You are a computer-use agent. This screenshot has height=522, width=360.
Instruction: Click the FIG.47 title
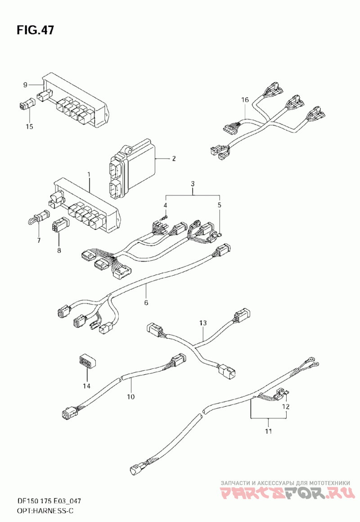[35, 30]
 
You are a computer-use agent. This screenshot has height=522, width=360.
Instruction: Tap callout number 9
[25, 85]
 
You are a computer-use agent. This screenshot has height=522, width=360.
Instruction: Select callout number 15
[29, 127]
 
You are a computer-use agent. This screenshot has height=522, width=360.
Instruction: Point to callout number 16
[245, 100]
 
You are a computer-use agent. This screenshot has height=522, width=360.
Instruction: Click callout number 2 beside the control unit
[174, 159]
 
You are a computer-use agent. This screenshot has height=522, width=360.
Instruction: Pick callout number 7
[39, 240]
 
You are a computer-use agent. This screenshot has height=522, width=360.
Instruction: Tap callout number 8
[59, 250]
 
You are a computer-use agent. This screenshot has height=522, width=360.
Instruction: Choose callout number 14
[87, 386]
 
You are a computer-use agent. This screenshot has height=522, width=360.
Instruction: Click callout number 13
[203, 323]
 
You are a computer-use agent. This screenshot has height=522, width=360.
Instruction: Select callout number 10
[131, 396]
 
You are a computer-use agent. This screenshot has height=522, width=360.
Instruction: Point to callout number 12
[286, 407]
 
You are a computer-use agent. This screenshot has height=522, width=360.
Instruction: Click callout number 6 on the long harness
[146, 303]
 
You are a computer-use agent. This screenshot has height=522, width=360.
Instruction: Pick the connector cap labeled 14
[87, 361]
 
